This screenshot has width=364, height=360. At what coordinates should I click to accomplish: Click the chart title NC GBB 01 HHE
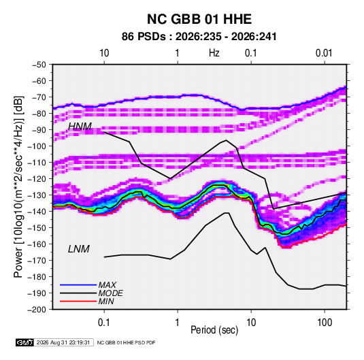[199, 19]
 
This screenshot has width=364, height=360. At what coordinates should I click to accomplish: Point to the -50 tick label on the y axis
[39, 65]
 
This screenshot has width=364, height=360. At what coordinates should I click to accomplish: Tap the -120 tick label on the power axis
[37, 179]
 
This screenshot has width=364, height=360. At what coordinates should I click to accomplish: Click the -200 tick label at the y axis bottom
[37, 310]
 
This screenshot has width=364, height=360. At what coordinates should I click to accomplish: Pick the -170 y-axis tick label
[37, 261]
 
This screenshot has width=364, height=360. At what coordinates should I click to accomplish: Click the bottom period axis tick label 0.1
[104, 323]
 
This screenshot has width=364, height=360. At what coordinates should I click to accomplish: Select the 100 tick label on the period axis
[325, 323]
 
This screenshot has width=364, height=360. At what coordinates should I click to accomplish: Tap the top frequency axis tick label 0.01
[324, 53]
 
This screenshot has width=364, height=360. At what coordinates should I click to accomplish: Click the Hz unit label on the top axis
[214, 53]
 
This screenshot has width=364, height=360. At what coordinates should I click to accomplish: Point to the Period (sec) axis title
[214, 330]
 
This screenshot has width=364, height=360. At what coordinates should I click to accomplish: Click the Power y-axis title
[18, 187]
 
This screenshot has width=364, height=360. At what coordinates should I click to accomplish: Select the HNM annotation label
[80, 127]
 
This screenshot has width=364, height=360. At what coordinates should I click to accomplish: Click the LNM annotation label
[79, 249]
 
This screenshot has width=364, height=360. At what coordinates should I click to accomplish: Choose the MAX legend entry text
[107, 285]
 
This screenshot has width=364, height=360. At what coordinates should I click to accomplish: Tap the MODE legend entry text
[110, 293]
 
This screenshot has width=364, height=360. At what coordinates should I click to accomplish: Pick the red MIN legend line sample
[78, 301]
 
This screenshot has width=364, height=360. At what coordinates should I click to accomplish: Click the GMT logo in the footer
[24, 342]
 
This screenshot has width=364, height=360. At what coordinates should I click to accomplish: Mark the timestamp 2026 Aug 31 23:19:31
[63, 342]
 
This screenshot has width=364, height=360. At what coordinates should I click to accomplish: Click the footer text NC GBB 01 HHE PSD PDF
[126, 342]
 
